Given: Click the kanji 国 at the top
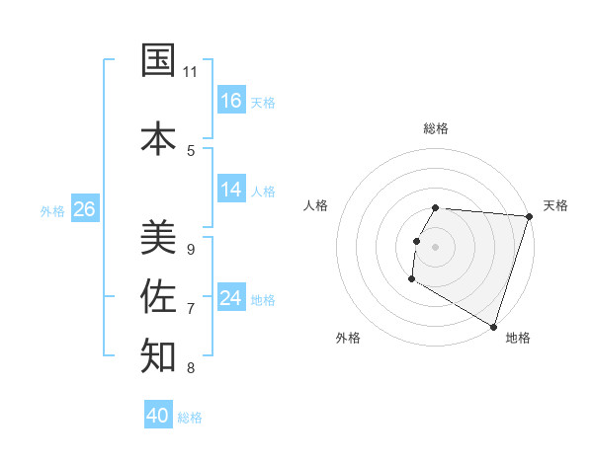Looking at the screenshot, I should point(158,60).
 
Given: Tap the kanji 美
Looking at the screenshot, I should point(158,236).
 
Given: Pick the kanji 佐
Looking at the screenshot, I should point(158,295).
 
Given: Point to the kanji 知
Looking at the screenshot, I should point(158,355).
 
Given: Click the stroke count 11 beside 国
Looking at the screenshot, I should point(190,72).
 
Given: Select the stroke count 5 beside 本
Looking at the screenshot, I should point(190,150).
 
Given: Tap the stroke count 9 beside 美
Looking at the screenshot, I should point(190,250).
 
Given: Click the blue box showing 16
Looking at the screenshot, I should point(231,100).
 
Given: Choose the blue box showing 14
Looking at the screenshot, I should point(231,190).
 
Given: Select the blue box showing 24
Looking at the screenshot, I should point(231,298).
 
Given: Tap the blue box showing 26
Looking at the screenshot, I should point(84,209).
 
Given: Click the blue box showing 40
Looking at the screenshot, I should point(158,416).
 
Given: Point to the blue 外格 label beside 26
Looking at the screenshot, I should point(52,210).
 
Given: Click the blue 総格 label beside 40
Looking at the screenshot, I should point(190,418).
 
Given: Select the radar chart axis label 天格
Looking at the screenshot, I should point(555,205).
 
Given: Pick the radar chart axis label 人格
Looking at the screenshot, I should point(315,205).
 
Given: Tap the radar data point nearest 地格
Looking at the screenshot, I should point(492,325).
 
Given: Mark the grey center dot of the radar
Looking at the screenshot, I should point(435,247).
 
